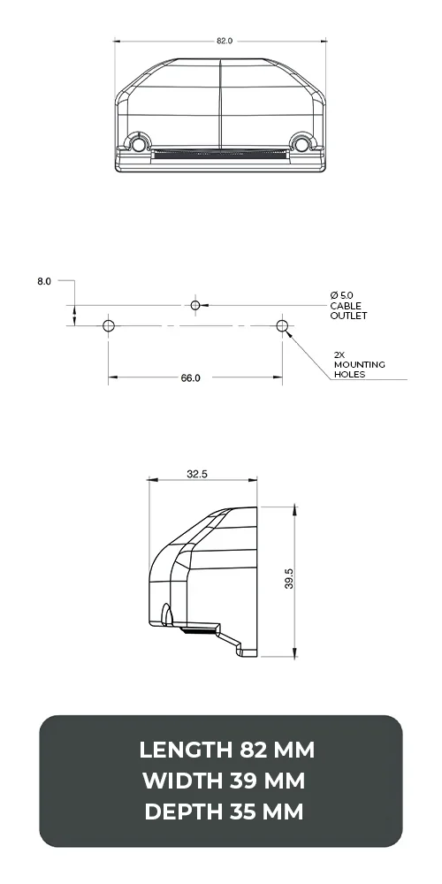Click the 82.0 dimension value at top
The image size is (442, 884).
[224, 41]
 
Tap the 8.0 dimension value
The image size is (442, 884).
[44, 281]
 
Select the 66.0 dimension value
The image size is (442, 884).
[190, 377]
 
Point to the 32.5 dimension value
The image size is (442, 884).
[197, 474]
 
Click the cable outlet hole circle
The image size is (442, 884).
[195, 305]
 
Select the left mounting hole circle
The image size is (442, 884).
[109, 325]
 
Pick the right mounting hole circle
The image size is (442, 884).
[282, 325]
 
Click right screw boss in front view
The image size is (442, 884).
[302, 143]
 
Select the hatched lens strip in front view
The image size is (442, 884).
[220, 154]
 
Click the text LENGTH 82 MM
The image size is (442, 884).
[226, 751]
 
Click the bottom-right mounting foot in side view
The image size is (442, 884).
[246, 650]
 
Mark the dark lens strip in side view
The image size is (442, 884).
[200, 629]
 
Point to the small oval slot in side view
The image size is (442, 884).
[166, 613]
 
